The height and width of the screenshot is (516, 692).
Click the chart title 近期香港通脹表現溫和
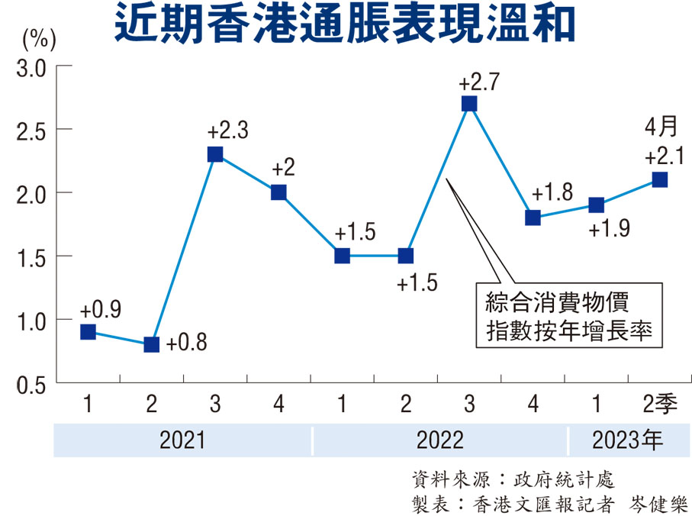(345, 25)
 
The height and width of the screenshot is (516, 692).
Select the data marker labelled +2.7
(469, 104)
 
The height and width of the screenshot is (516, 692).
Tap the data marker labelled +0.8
(151, 344)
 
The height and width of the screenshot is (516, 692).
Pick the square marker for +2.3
(215, 154)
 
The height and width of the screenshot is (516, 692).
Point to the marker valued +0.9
(88, 332)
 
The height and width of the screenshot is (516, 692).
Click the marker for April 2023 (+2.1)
(660, 179)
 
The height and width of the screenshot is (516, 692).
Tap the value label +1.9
(610, 228)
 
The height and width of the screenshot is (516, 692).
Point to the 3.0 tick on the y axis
(31, 68)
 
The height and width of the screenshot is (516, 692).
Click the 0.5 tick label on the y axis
(31, 383)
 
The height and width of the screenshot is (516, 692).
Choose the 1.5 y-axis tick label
(31, 257)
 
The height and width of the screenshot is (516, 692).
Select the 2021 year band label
(182, 440)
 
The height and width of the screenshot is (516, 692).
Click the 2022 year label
(440, 440)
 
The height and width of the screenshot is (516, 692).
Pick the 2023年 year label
(627, 440)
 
